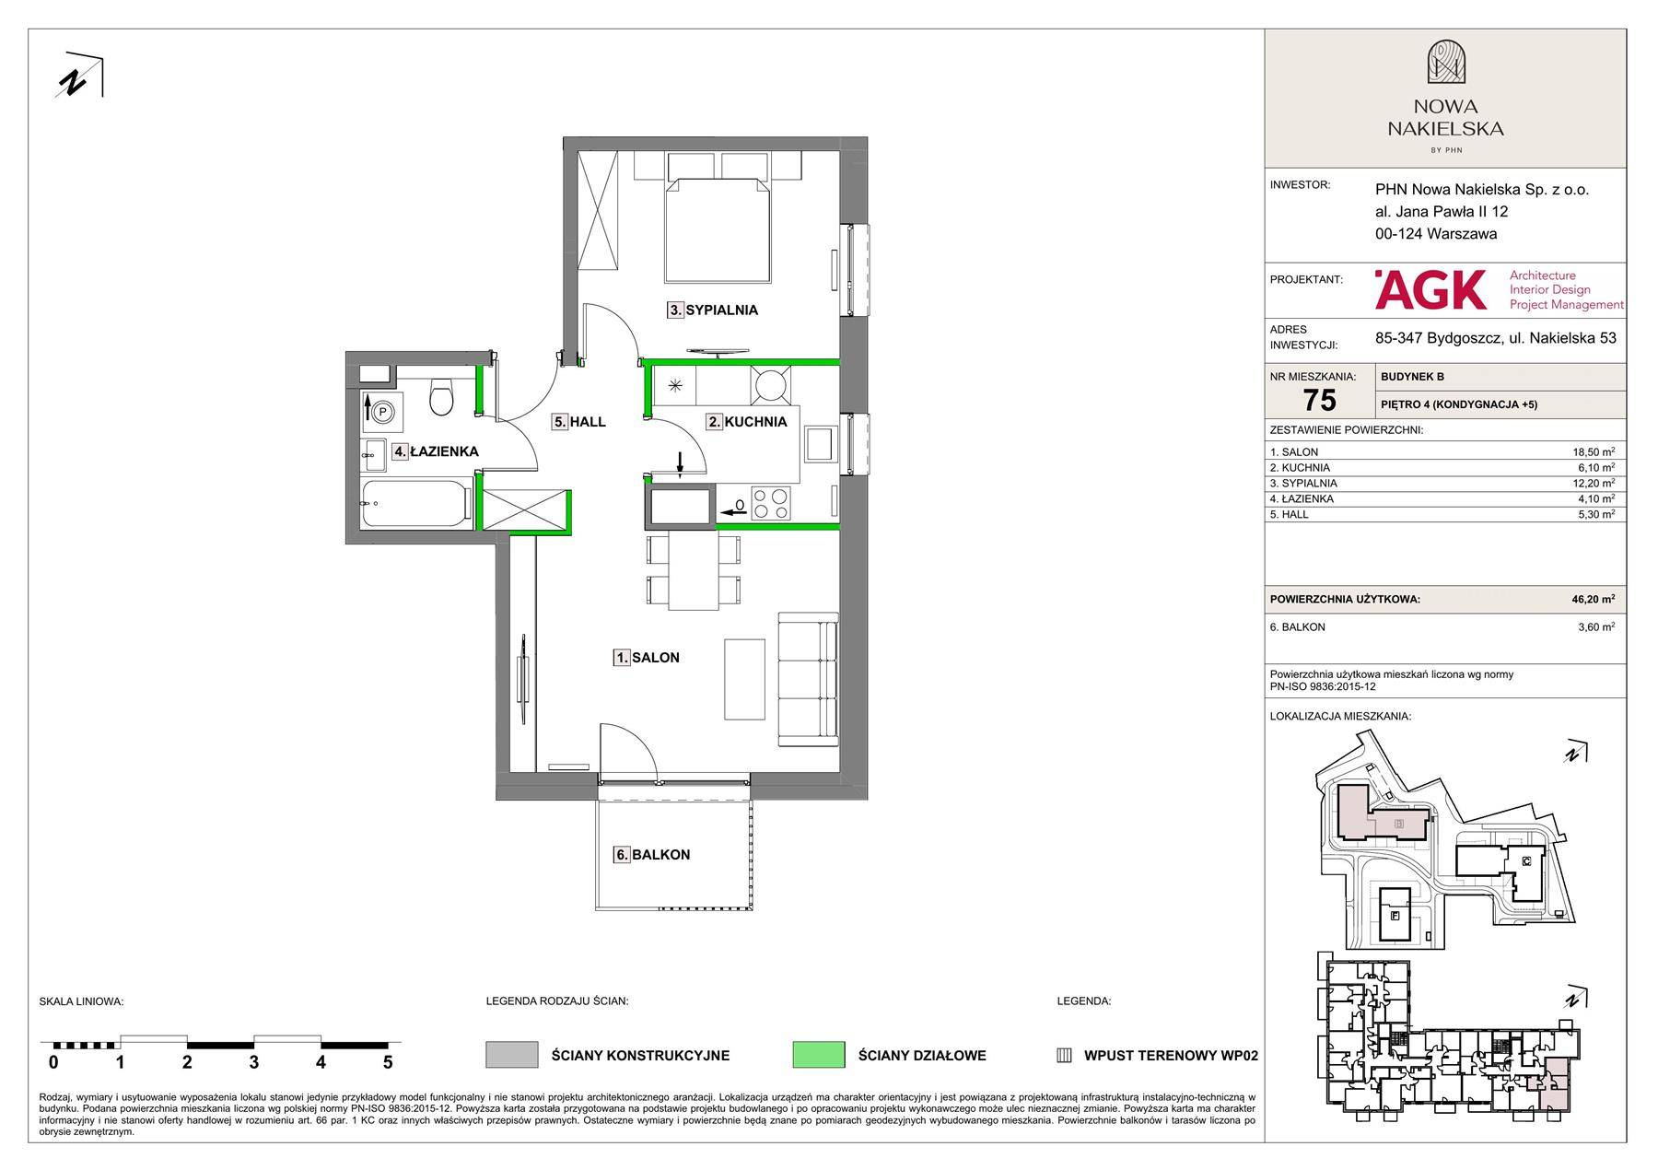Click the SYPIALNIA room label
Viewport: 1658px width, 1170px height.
713,310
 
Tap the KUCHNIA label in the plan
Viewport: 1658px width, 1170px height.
747,422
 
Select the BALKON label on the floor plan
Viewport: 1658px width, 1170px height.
652,855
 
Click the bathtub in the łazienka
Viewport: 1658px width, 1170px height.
416,504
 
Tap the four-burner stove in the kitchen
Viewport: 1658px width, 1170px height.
771,504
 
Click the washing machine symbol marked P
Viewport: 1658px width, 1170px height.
382,413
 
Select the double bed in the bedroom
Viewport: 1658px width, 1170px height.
718,229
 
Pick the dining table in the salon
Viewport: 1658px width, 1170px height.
694,571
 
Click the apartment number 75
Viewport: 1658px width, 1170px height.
1320,401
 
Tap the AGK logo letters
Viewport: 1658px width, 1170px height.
1430,289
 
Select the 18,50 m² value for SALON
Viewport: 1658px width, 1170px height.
1594,452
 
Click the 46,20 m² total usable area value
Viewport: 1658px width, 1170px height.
1593,599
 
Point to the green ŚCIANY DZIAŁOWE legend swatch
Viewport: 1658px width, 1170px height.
818,1055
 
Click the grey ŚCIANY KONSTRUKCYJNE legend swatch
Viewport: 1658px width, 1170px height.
511,1055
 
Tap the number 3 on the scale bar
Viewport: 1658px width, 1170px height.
253,1062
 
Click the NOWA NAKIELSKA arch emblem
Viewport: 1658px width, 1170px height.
1446,62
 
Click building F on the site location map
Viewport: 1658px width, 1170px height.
1394,916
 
